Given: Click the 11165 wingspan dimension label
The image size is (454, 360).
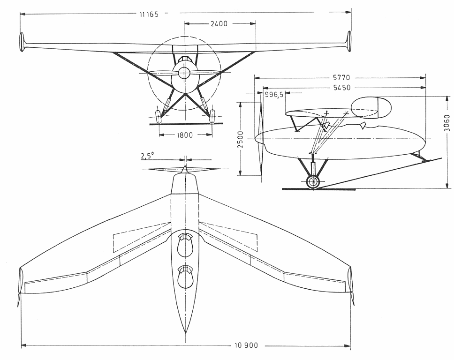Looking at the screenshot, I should tap(149, 15).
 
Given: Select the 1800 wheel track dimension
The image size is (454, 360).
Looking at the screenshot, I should tap(185, 135).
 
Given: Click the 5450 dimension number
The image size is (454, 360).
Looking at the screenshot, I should tap(340, 88).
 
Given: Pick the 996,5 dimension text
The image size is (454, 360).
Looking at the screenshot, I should tap(274, 95).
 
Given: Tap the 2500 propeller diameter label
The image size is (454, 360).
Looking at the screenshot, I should tap(241, 140).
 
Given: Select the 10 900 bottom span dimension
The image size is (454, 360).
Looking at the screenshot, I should tap(245, 346).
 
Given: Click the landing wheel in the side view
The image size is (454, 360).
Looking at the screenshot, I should tap(313, 182).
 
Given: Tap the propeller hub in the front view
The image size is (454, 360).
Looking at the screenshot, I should tap(184, 73).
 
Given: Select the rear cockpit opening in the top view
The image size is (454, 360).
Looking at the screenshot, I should tap(186, 277).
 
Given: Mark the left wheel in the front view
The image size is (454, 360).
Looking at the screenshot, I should tap(158, 114).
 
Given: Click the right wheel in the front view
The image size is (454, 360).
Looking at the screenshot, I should tap(212, 114).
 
